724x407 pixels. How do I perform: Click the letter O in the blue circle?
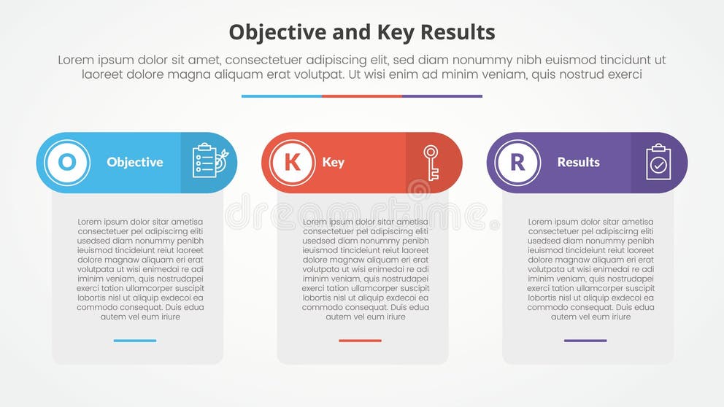click(x=67, y=162)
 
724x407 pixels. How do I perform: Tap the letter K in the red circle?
click(x=292, y=162)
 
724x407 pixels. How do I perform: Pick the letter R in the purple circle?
click(x=517, y=162)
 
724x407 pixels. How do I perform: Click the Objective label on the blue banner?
click(x=135, y=162)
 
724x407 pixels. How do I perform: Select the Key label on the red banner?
click(x=334, y=162)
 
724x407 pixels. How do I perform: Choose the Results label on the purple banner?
click(x=579, y=162)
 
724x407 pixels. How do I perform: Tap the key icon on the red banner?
click(x=431, y=162)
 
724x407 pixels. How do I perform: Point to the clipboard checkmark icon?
click(x=658, y=162)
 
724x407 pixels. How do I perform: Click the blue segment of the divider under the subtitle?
click(x=282, y=96)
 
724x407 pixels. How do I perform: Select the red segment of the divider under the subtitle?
click(x=362, y=96)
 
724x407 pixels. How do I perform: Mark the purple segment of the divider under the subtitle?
click(x=442, y=96)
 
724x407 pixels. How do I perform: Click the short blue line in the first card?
click(x=135, y=341)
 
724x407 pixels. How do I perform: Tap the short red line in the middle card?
click(x=360, y=341)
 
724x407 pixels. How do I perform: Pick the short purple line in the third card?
click(x=585, y=341)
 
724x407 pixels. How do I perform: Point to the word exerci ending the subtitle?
click(x=623, y=74)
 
